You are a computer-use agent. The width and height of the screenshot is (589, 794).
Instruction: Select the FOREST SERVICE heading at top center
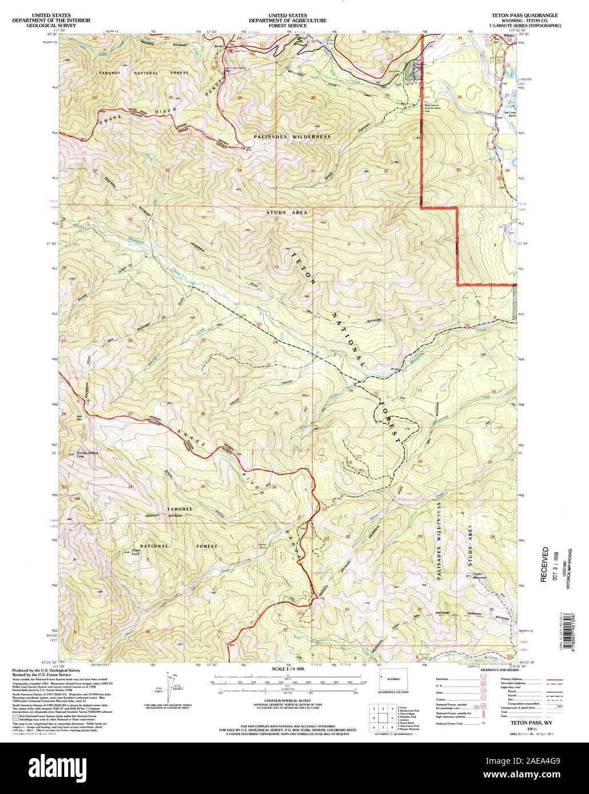[287, 25]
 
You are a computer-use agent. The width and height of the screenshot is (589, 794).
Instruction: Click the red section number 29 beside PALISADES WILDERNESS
[420, 537]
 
